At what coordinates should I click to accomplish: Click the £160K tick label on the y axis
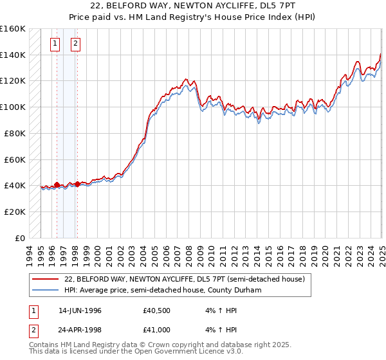tap(13, 29)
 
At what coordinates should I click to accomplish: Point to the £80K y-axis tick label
tap(15, 133)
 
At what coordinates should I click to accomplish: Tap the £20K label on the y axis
tap(15, 212)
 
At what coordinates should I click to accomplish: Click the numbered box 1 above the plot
tap(55, 44)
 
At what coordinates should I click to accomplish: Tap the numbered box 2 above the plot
tap(76, 44)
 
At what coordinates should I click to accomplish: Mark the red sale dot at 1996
tap(57, 184)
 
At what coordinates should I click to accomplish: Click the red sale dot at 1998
tap(78, 184)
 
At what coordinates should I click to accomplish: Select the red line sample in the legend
tap(46, 279)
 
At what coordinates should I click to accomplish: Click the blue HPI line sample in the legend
tap(46, 290)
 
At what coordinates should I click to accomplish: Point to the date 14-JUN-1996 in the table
tap(80, 310)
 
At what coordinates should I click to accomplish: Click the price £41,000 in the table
tap(156, 329)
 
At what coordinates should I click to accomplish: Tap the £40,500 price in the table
tap(156, 310)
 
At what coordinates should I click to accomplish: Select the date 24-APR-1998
tap(80, 329)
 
